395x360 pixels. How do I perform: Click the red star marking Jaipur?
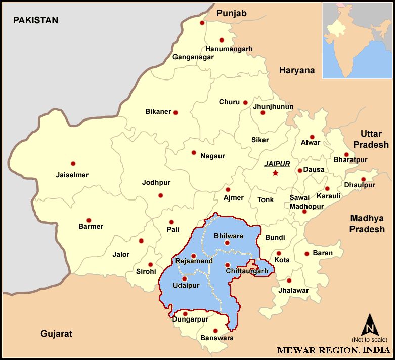pos(275,173)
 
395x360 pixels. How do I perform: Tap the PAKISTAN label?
pos(35,20)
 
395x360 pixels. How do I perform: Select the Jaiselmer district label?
pos(72,175)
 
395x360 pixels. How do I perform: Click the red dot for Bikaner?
pos(175,112)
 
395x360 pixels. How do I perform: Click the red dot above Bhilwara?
pos(227,243)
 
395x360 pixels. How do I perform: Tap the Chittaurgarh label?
pos(246,272)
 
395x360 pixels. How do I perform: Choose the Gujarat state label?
pos(57,334)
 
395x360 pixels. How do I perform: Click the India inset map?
pos(357,41)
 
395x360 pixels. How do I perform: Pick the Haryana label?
pos(297,71)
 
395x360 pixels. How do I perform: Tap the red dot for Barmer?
pos(89,220)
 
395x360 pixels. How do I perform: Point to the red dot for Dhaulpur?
pos(363,179)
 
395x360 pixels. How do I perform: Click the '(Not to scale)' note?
pos(369,339)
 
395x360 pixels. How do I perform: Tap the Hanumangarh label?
pos(229,49)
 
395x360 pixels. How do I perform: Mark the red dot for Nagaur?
pos(194,152)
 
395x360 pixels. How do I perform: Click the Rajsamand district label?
pos(194,261)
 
